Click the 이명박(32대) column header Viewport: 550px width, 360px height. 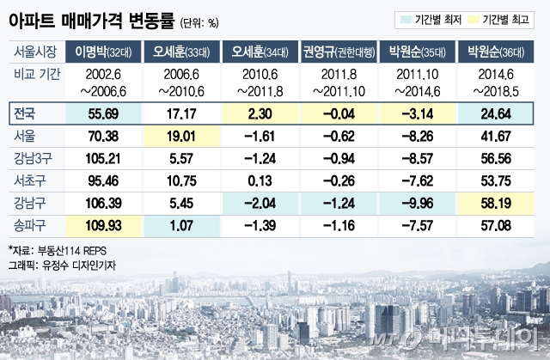pos(109,52)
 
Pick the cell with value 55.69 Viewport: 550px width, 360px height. pos(109,112)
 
